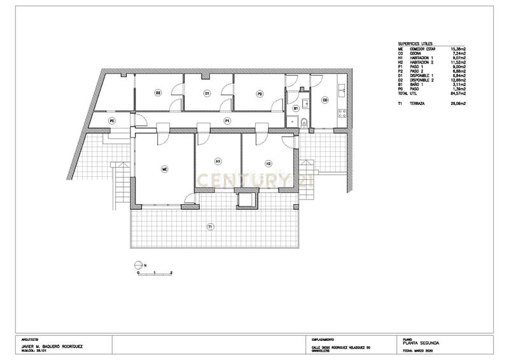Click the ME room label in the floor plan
pos(164,169)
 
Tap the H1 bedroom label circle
pos(218,162)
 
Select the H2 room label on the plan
pos(268,163)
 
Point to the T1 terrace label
pos(211,226)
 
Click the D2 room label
pos(158,93)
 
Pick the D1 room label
pos(207,94)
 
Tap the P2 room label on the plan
pos(260,94)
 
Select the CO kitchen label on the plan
pos(324,100)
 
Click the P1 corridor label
pos(227,120)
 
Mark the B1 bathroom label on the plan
pos(295,109)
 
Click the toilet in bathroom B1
pos(303,122)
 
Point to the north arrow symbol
pos(138,265)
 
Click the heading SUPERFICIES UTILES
pos(414,43)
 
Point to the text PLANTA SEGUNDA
pos(421,343)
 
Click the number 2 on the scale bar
pos(172,272)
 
